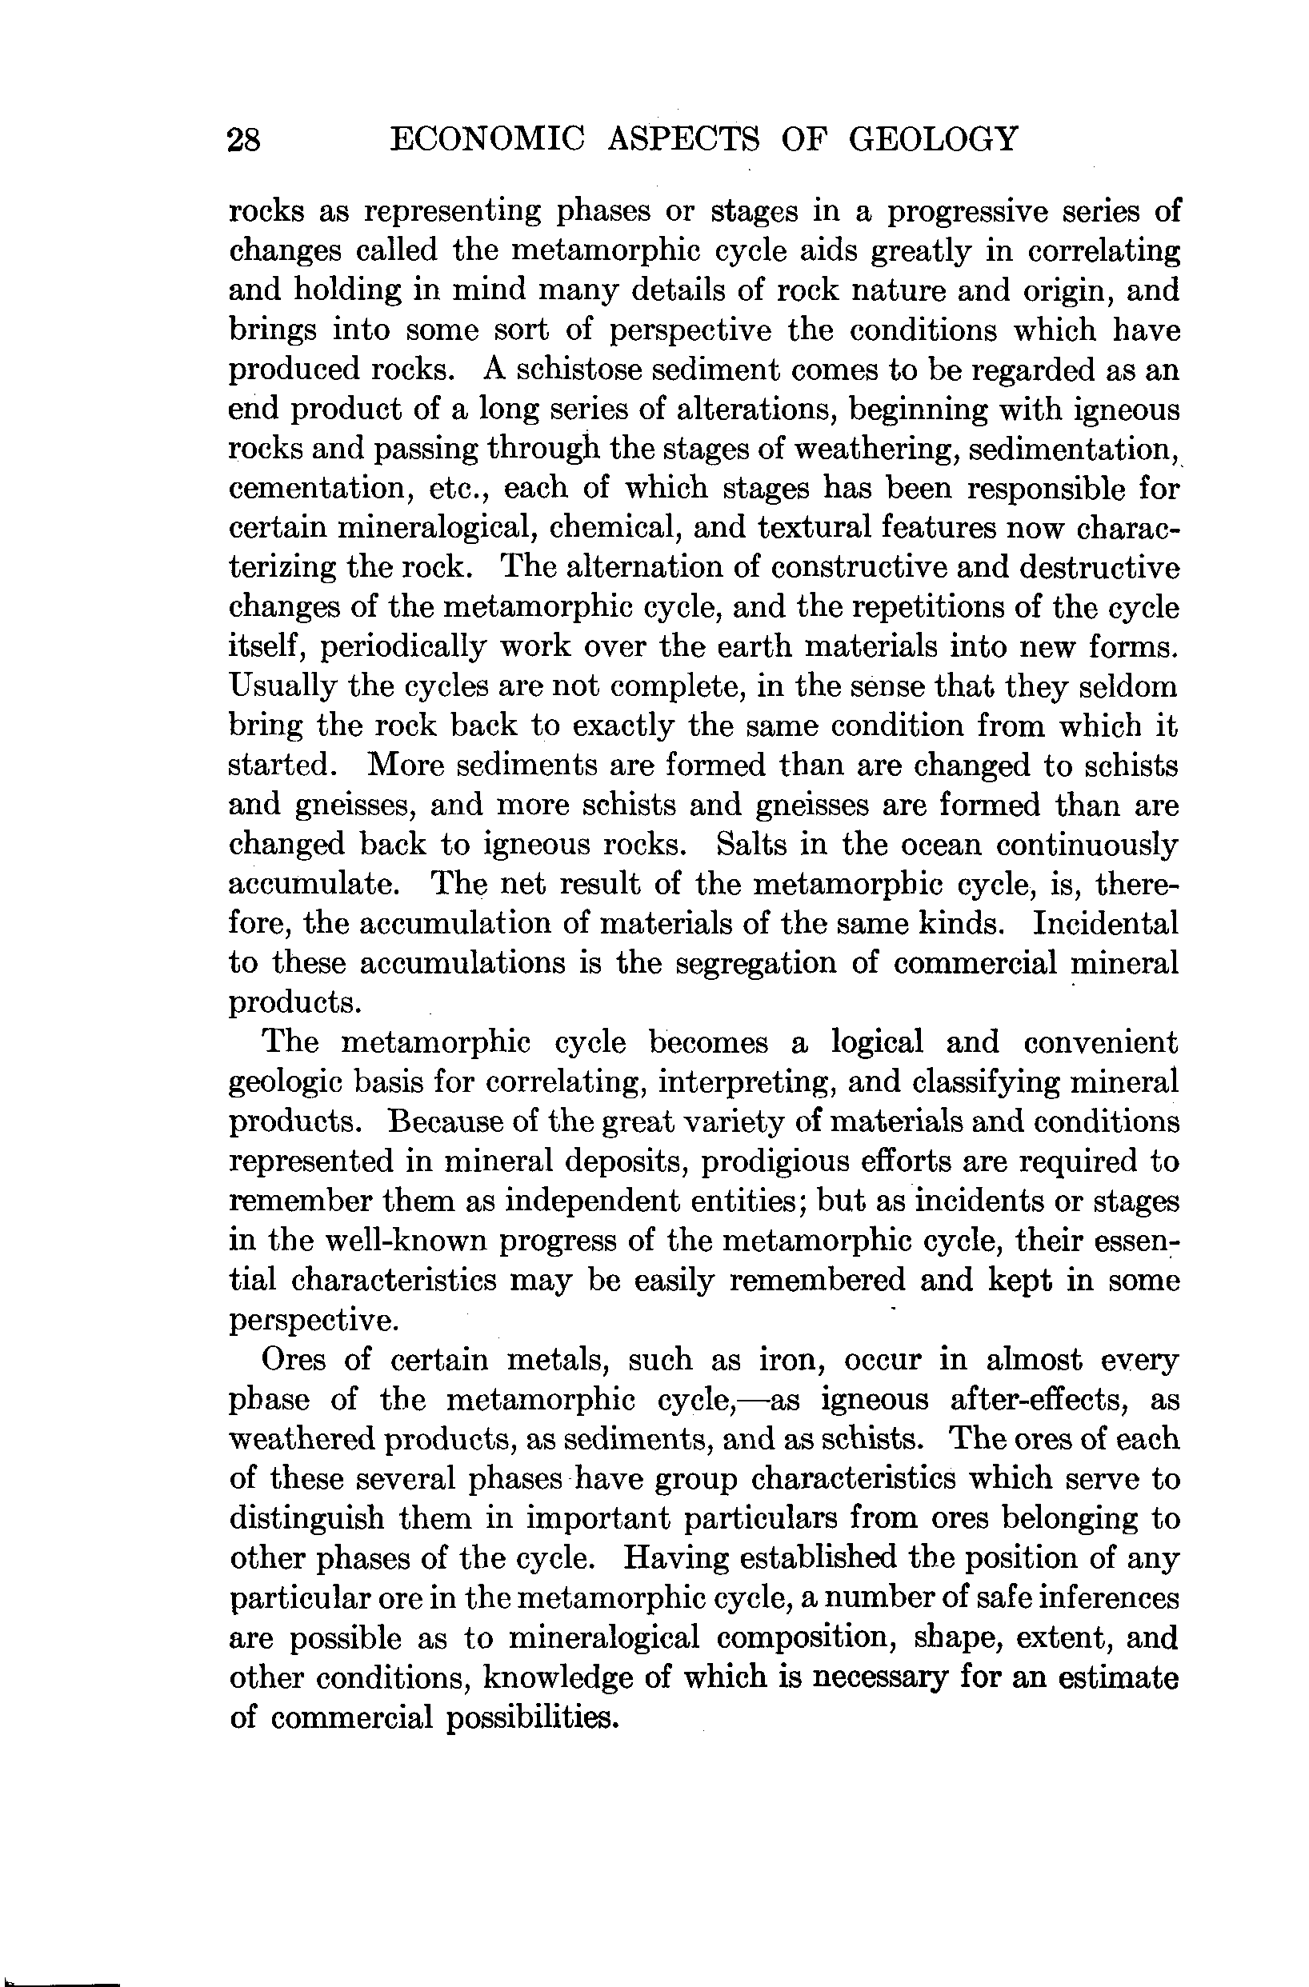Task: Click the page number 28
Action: click(244, 139)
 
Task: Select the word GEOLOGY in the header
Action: click(933, 138)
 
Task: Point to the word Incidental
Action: click(1105, 923)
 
